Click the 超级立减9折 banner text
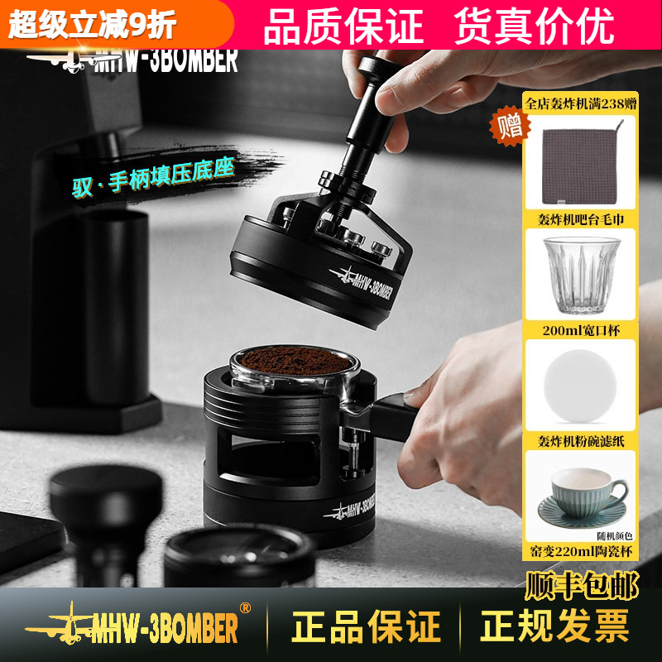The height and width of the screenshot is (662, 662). point(93,26)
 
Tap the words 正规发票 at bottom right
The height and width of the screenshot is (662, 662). point(555,627)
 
